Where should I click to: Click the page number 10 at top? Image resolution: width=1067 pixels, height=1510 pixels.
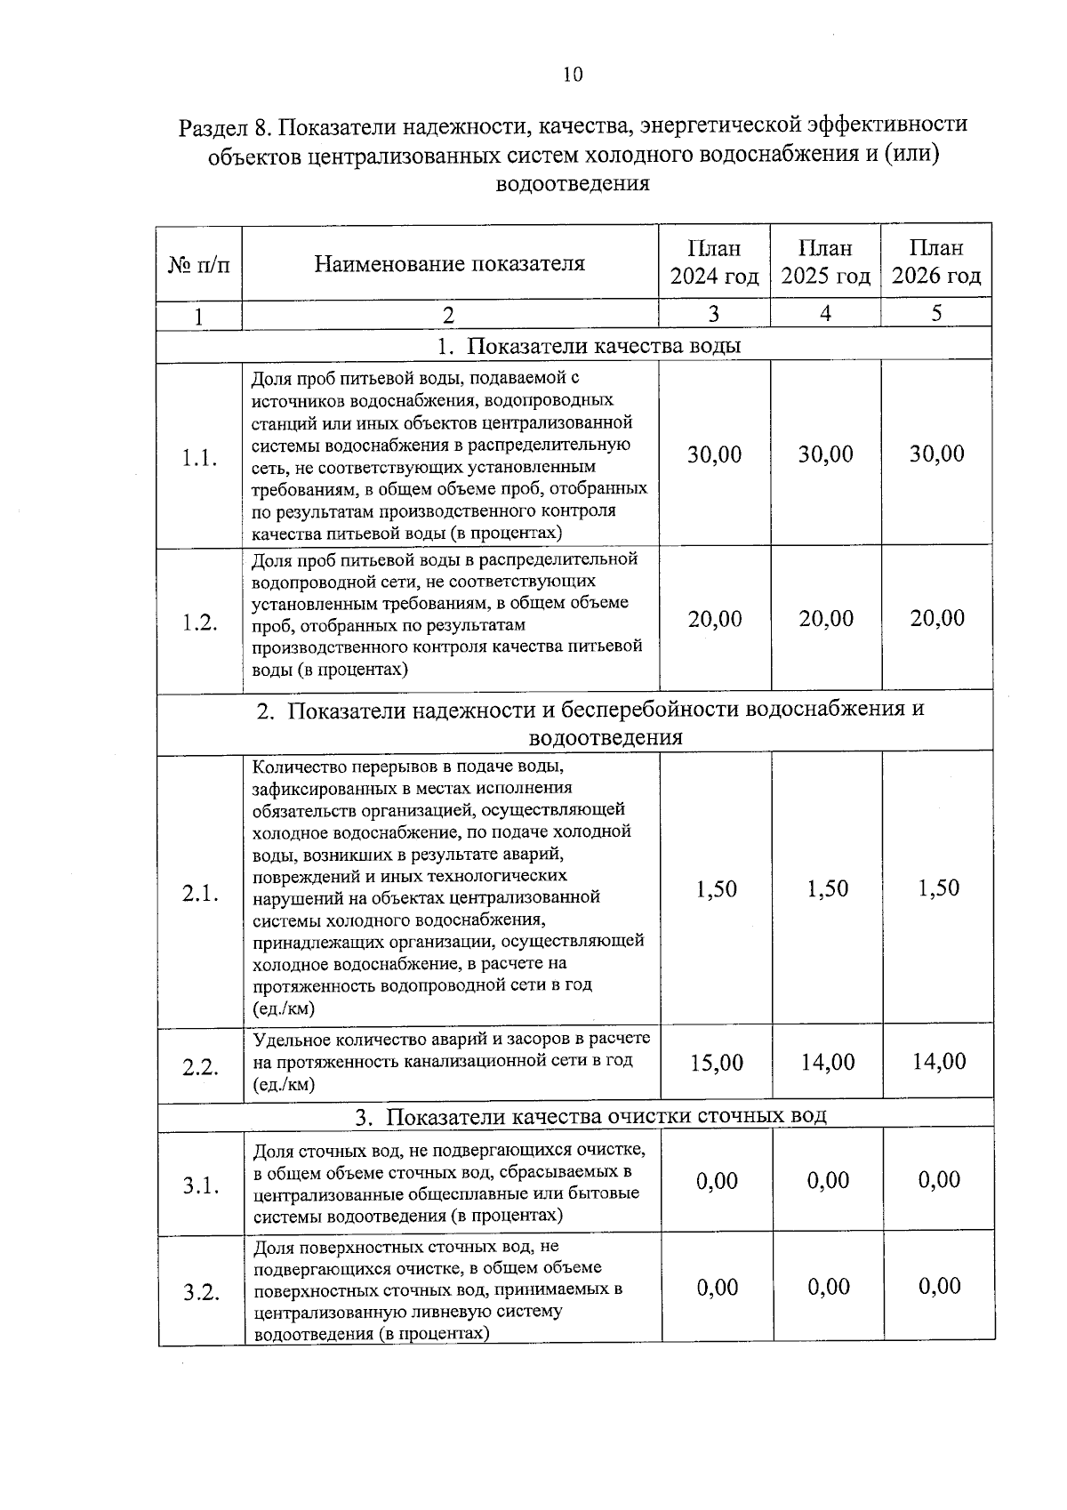[x=573, y=75]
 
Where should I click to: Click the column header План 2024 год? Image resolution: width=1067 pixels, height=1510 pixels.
[x=714, y=261]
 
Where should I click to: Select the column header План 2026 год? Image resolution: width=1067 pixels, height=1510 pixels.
[x=936, y=261]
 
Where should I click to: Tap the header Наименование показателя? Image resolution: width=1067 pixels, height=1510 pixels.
[x=450, y=263]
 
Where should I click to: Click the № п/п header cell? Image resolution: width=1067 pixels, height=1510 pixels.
[x=198, y=264]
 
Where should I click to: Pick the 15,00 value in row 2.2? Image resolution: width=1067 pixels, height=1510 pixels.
[x=716, y=1063]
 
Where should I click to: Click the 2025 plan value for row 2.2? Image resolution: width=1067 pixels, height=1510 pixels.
[x=827, y=1062]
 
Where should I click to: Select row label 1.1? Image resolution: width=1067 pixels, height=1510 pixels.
[x=199, y=459]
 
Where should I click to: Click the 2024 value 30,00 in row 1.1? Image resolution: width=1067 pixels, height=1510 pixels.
[x=714, y=454]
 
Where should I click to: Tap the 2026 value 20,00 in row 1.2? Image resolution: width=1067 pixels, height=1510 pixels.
[x=936, y=618]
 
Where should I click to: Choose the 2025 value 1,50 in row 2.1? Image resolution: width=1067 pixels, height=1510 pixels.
[x=827, y=888]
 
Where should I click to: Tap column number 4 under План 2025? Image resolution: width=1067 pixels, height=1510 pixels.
[x=825, y=313]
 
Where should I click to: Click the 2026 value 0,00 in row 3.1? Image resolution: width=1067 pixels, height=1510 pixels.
[x=938, y=1180]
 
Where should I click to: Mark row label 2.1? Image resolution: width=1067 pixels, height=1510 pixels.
[x=200, y=894]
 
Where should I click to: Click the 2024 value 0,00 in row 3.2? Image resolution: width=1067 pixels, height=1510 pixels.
[x=716, y=1287]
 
